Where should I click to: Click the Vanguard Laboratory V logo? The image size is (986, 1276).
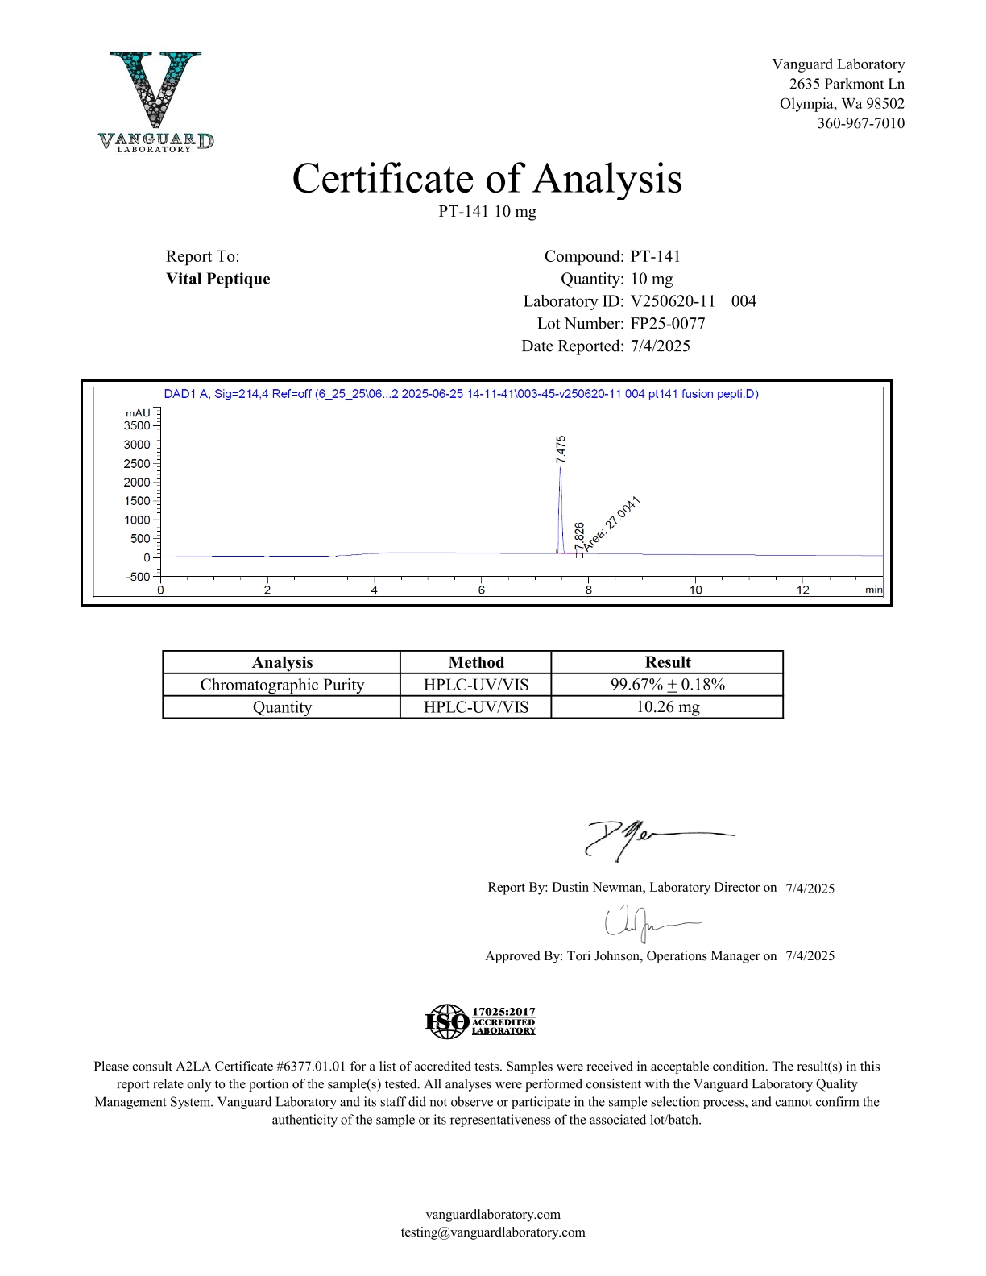pyautogui.click(x=156, y=101)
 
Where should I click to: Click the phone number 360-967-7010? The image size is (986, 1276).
pyautogui.click(x=860, y=123)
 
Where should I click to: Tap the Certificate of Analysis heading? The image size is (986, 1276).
pyautogui.click(x=487, y=178)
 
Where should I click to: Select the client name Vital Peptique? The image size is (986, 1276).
pyautogui.click(x=217, y=279)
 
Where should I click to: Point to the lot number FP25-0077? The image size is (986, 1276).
pyautogui.click(x=667, y=324)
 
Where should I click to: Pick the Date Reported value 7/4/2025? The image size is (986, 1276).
pyautogui.click(x=660, y=346)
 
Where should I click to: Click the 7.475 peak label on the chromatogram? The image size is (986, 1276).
pyautogui.click(x=561, y=448)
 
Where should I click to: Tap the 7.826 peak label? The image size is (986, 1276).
pyautogui.click(x=579, y=536)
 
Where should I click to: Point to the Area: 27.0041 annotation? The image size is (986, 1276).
pyautogui.click(x=612, y=524)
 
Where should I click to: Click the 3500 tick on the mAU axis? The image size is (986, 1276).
pyautogui.click(x=137, y=425)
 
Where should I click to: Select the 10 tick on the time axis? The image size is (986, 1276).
pyautogui.click(x=695, y=590)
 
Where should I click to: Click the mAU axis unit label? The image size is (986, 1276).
pyautogui.click(x=137, y=412)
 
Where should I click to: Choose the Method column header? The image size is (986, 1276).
pyautogui.click(x=475, y=662)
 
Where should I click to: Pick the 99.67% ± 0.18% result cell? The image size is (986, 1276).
pyautogui.click(x=667, y=685)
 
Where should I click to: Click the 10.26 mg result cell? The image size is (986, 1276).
pyautogui.click(x=667, y=707)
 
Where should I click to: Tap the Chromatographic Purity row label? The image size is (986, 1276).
pyautogui.click(x=282, y=685)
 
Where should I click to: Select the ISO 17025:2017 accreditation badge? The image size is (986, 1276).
pyautogui.click(x=480, y=1021)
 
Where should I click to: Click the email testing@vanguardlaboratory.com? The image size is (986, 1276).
pyautogui.click(x=493, y=1232)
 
